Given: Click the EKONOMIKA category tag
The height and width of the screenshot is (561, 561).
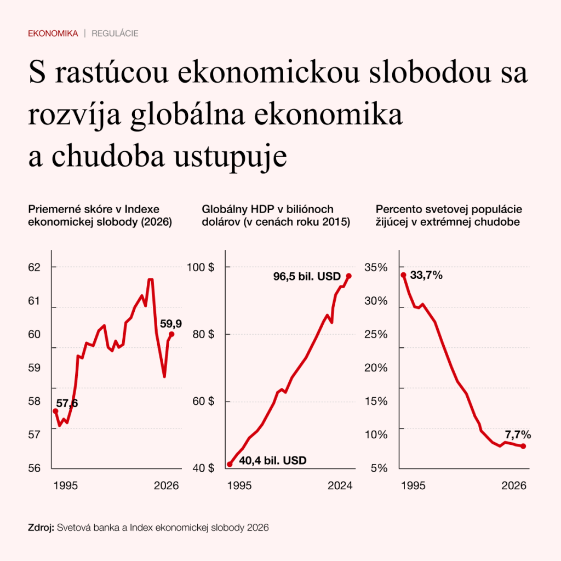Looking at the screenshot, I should click(x=53, y=33).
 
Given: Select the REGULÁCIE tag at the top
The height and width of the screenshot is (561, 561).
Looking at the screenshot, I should click(x=115, y=33).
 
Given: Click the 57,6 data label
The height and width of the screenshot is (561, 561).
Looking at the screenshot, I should click(x=67, y=404).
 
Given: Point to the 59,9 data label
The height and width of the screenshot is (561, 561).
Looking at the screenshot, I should click(x=171, y=324).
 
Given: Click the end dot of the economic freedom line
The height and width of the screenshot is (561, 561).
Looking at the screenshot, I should click(x=171, y=334).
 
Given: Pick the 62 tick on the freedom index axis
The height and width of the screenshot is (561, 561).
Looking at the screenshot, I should click(x=35, y=267).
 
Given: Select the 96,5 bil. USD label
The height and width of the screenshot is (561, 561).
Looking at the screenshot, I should click(x=307, y=277).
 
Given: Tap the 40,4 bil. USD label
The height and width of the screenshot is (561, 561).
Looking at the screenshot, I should click(x=273, y=460).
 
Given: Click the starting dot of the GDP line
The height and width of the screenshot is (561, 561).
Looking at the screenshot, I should click(x=230, y=465).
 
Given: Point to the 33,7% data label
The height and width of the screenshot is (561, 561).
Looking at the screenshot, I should click(x=426, y=276).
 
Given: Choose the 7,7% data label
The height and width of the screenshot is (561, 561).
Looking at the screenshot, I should click(x=518, y=435).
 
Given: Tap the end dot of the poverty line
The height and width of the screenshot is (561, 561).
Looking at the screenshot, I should click(x=524, y=446).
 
